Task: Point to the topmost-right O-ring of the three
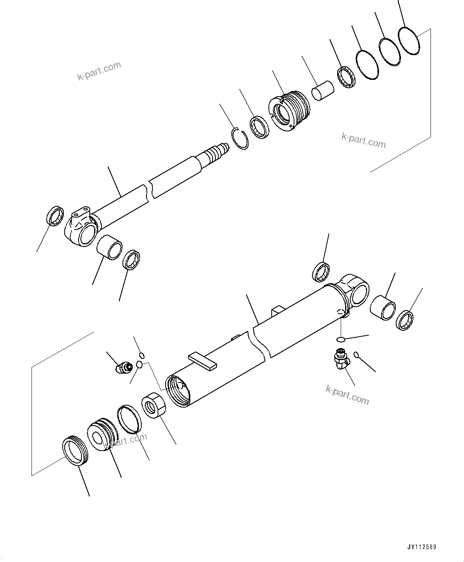click(409, 41)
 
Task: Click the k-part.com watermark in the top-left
click(99, 71)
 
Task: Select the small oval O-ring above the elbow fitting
click(340, 339)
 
